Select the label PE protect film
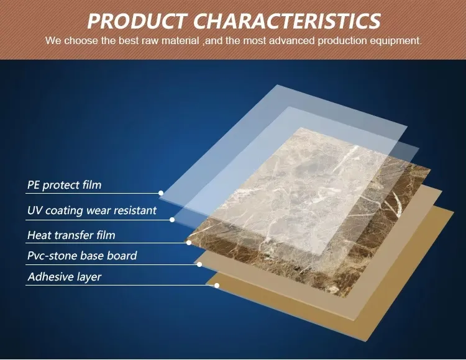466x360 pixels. (x=64, y=185)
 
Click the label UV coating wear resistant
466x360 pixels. (x=92, y=210)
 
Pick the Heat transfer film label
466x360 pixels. (x=71, y=235)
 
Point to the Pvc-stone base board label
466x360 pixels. (x=82, y=255)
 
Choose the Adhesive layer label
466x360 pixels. (x=64, y=277)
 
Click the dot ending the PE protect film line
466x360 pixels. (x=161, y=193)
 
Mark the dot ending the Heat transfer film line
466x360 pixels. (x=189, y=242)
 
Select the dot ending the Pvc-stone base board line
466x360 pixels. (x=199, y=264)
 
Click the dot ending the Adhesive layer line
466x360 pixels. (x=217, y=286)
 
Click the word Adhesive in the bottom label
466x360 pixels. (x=50, y=277)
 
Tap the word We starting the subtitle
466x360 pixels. (x=53, y=41)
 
